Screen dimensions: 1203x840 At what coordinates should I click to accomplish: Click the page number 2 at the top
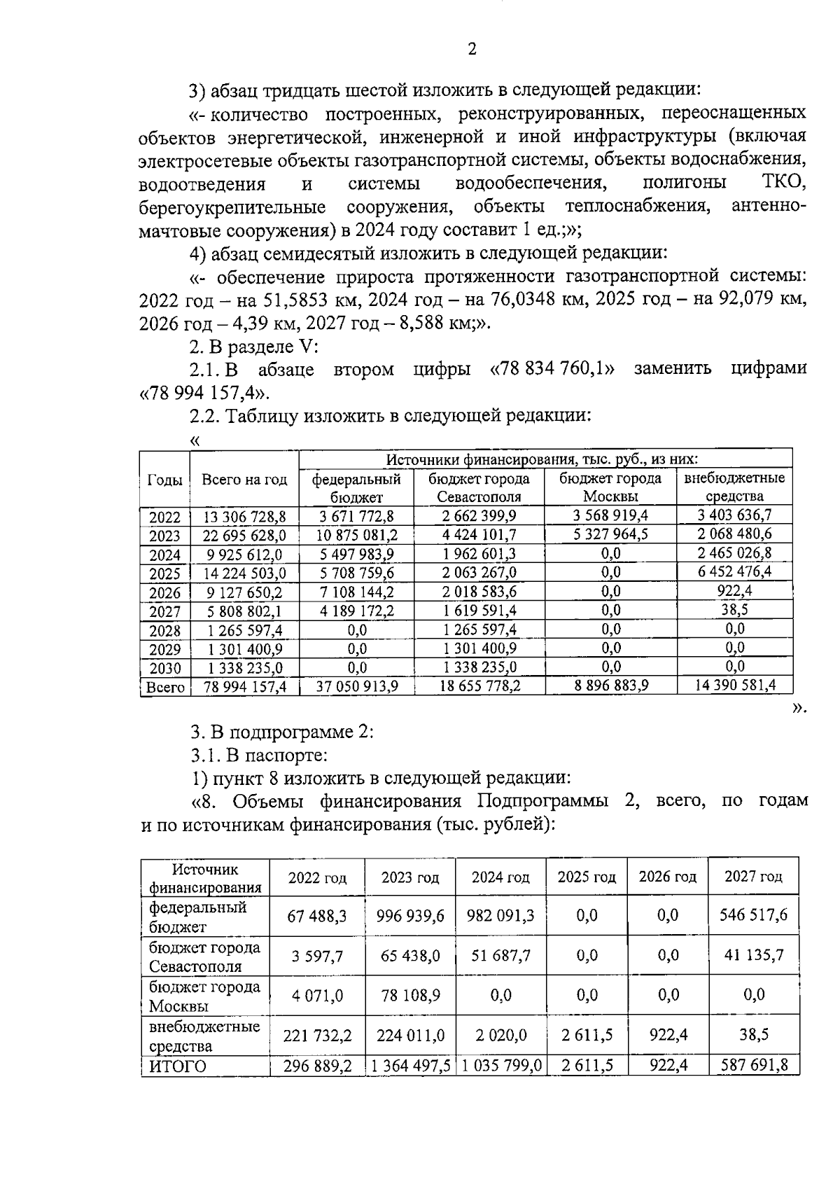pos(471,49)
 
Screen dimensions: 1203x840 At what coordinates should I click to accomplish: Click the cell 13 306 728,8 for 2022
pos(244,517)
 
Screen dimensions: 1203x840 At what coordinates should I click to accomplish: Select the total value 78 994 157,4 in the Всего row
pos(244,687)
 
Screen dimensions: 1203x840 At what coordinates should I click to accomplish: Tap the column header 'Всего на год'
pos(244,480)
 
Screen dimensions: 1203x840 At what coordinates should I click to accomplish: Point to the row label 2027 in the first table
pos(165,611)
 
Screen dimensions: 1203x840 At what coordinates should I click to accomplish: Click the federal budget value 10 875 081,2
pos(356,536)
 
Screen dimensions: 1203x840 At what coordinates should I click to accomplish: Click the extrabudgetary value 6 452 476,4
pos(734,572)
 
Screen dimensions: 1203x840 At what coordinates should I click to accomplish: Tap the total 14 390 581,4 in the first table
pos(734,686)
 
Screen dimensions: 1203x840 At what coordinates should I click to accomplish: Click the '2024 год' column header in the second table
pos(500,877)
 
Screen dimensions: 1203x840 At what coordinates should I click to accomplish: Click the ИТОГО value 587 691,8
pos(755,1066)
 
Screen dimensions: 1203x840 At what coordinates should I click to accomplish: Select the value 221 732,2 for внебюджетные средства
pos(317,1035)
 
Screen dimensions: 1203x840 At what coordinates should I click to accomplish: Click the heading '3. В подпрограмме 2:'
pos(282,732)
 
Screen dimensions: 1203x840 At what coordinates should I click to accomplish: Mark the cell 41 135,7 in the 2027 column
pos(755,955)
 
